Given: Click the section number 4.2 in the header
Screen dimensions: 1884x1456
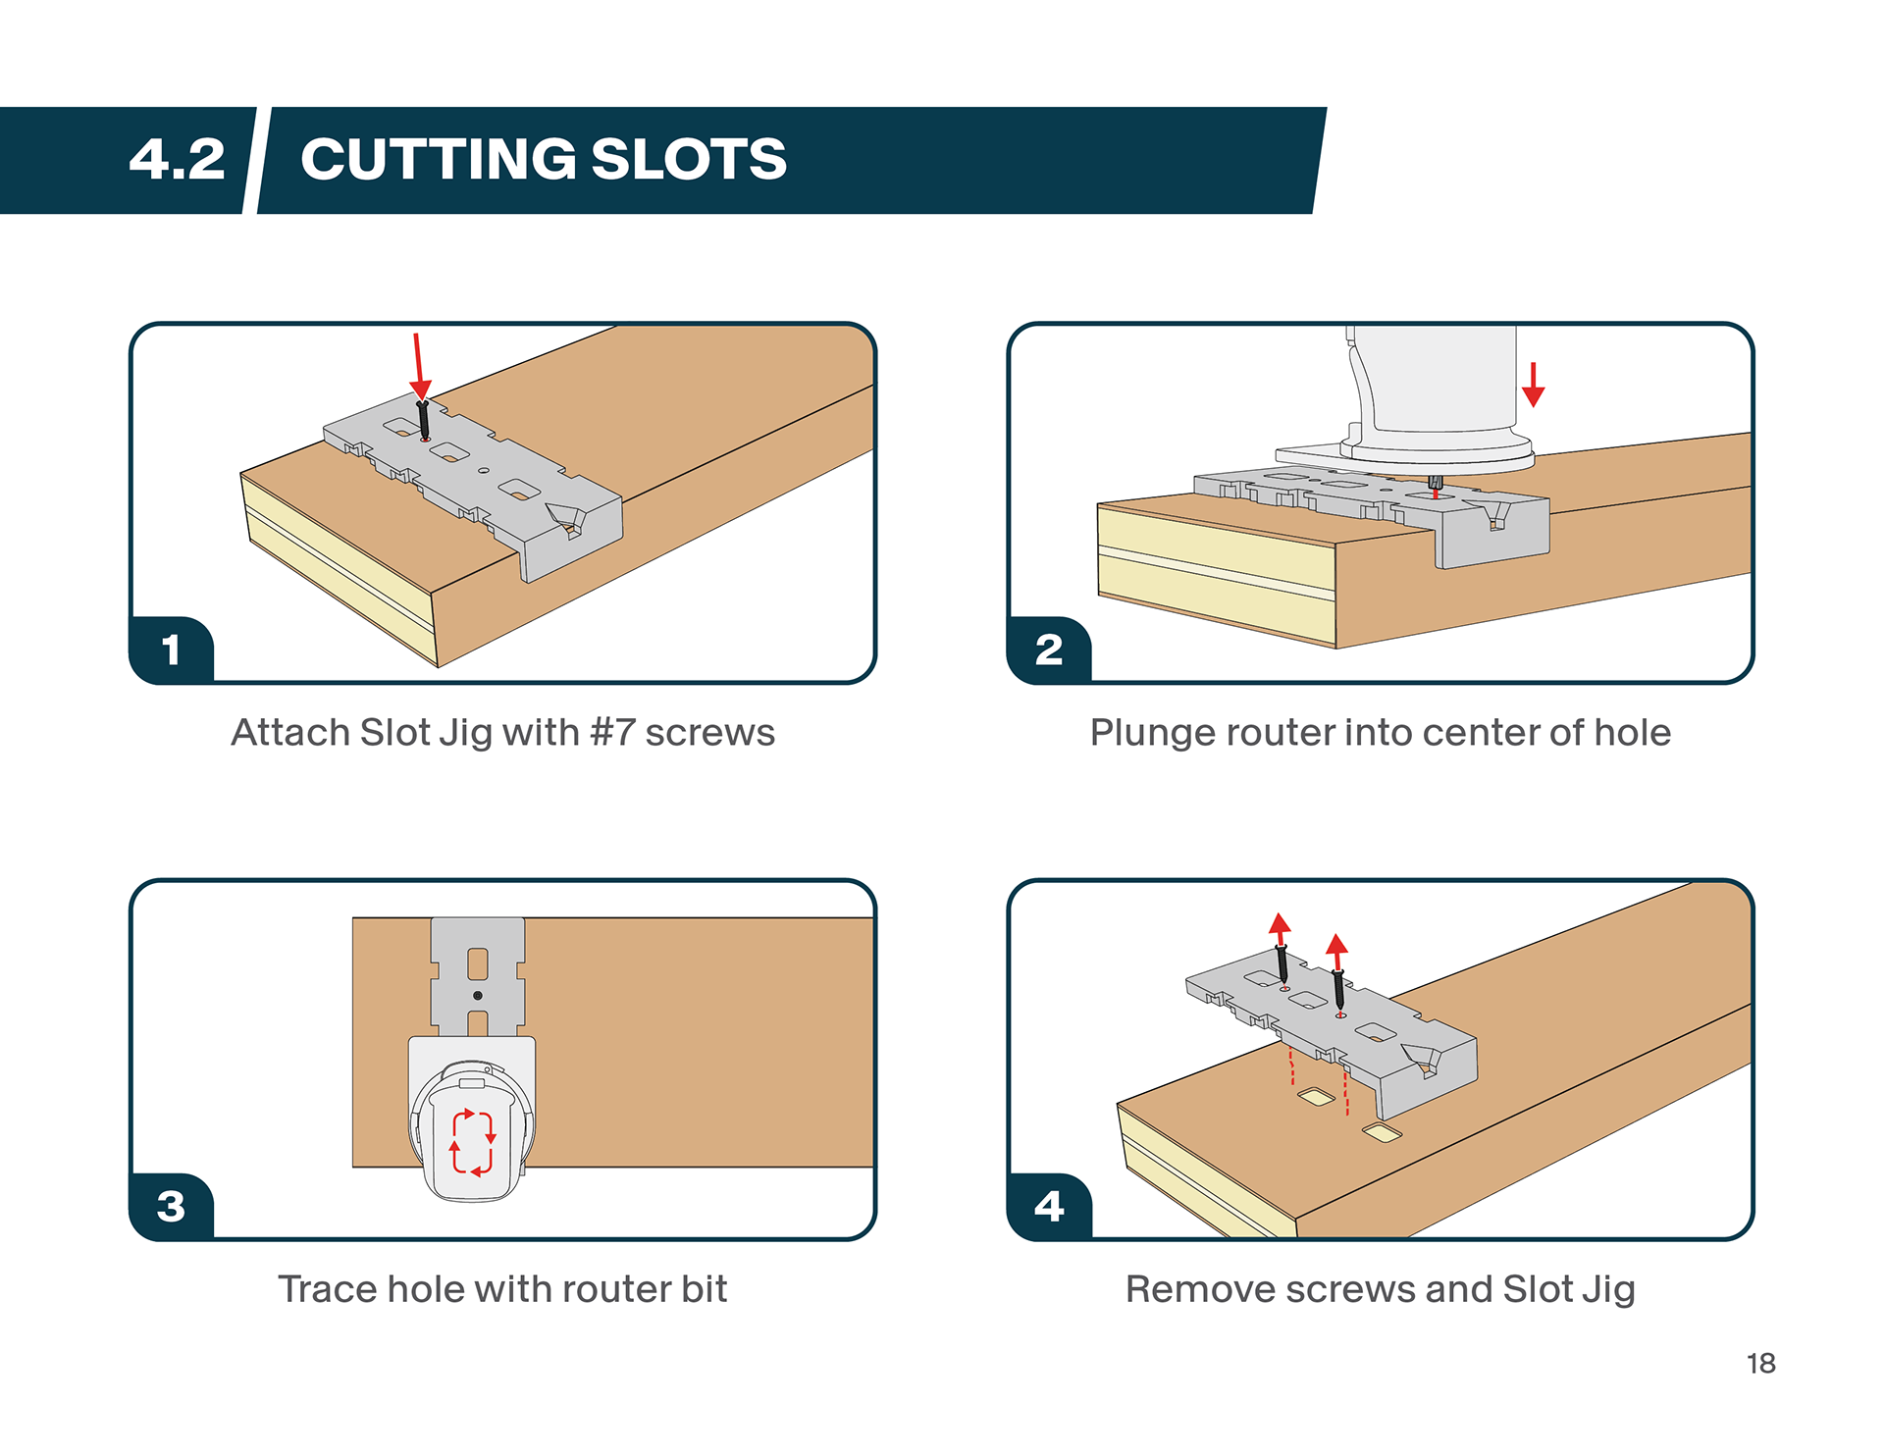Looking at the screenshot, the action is click(177, 159).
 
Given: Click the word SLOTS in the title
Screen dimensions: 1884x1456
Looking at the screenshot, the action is click(689, 159).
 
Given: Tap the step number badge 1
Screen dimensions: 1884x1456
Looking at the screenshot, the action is click(172, 650).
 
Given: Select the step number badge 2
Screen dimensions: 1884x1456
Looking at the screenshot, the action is click(1049, 650).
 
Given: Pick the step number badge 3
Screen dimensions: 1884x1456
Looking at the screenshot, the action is click(171, 1206).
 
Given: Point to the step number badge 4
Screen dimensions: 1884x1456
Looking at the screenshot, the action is click(1049, 1206).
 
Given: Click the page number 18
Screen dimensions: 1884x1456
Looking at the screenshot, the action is click(1760, 1364).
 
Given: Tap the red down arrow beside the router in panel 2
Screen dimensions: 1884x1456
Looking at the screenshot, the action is click(1533, 385).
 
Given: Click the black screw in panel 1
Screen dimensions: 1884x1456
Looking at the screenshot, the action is click(424, 420).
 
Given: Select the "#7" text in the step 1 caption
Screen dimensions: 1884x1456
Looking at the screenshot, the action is click(612, 733).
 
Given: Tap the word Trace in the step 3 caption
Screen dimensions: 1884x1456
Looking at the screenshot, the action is click(327, 1289).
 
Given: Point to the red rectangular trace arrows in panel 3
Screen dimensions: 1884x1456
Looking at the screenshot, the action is click(472, 1142).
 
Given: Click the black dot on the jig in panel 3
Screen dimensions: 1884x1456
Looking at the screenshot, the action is click(478, 996).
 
